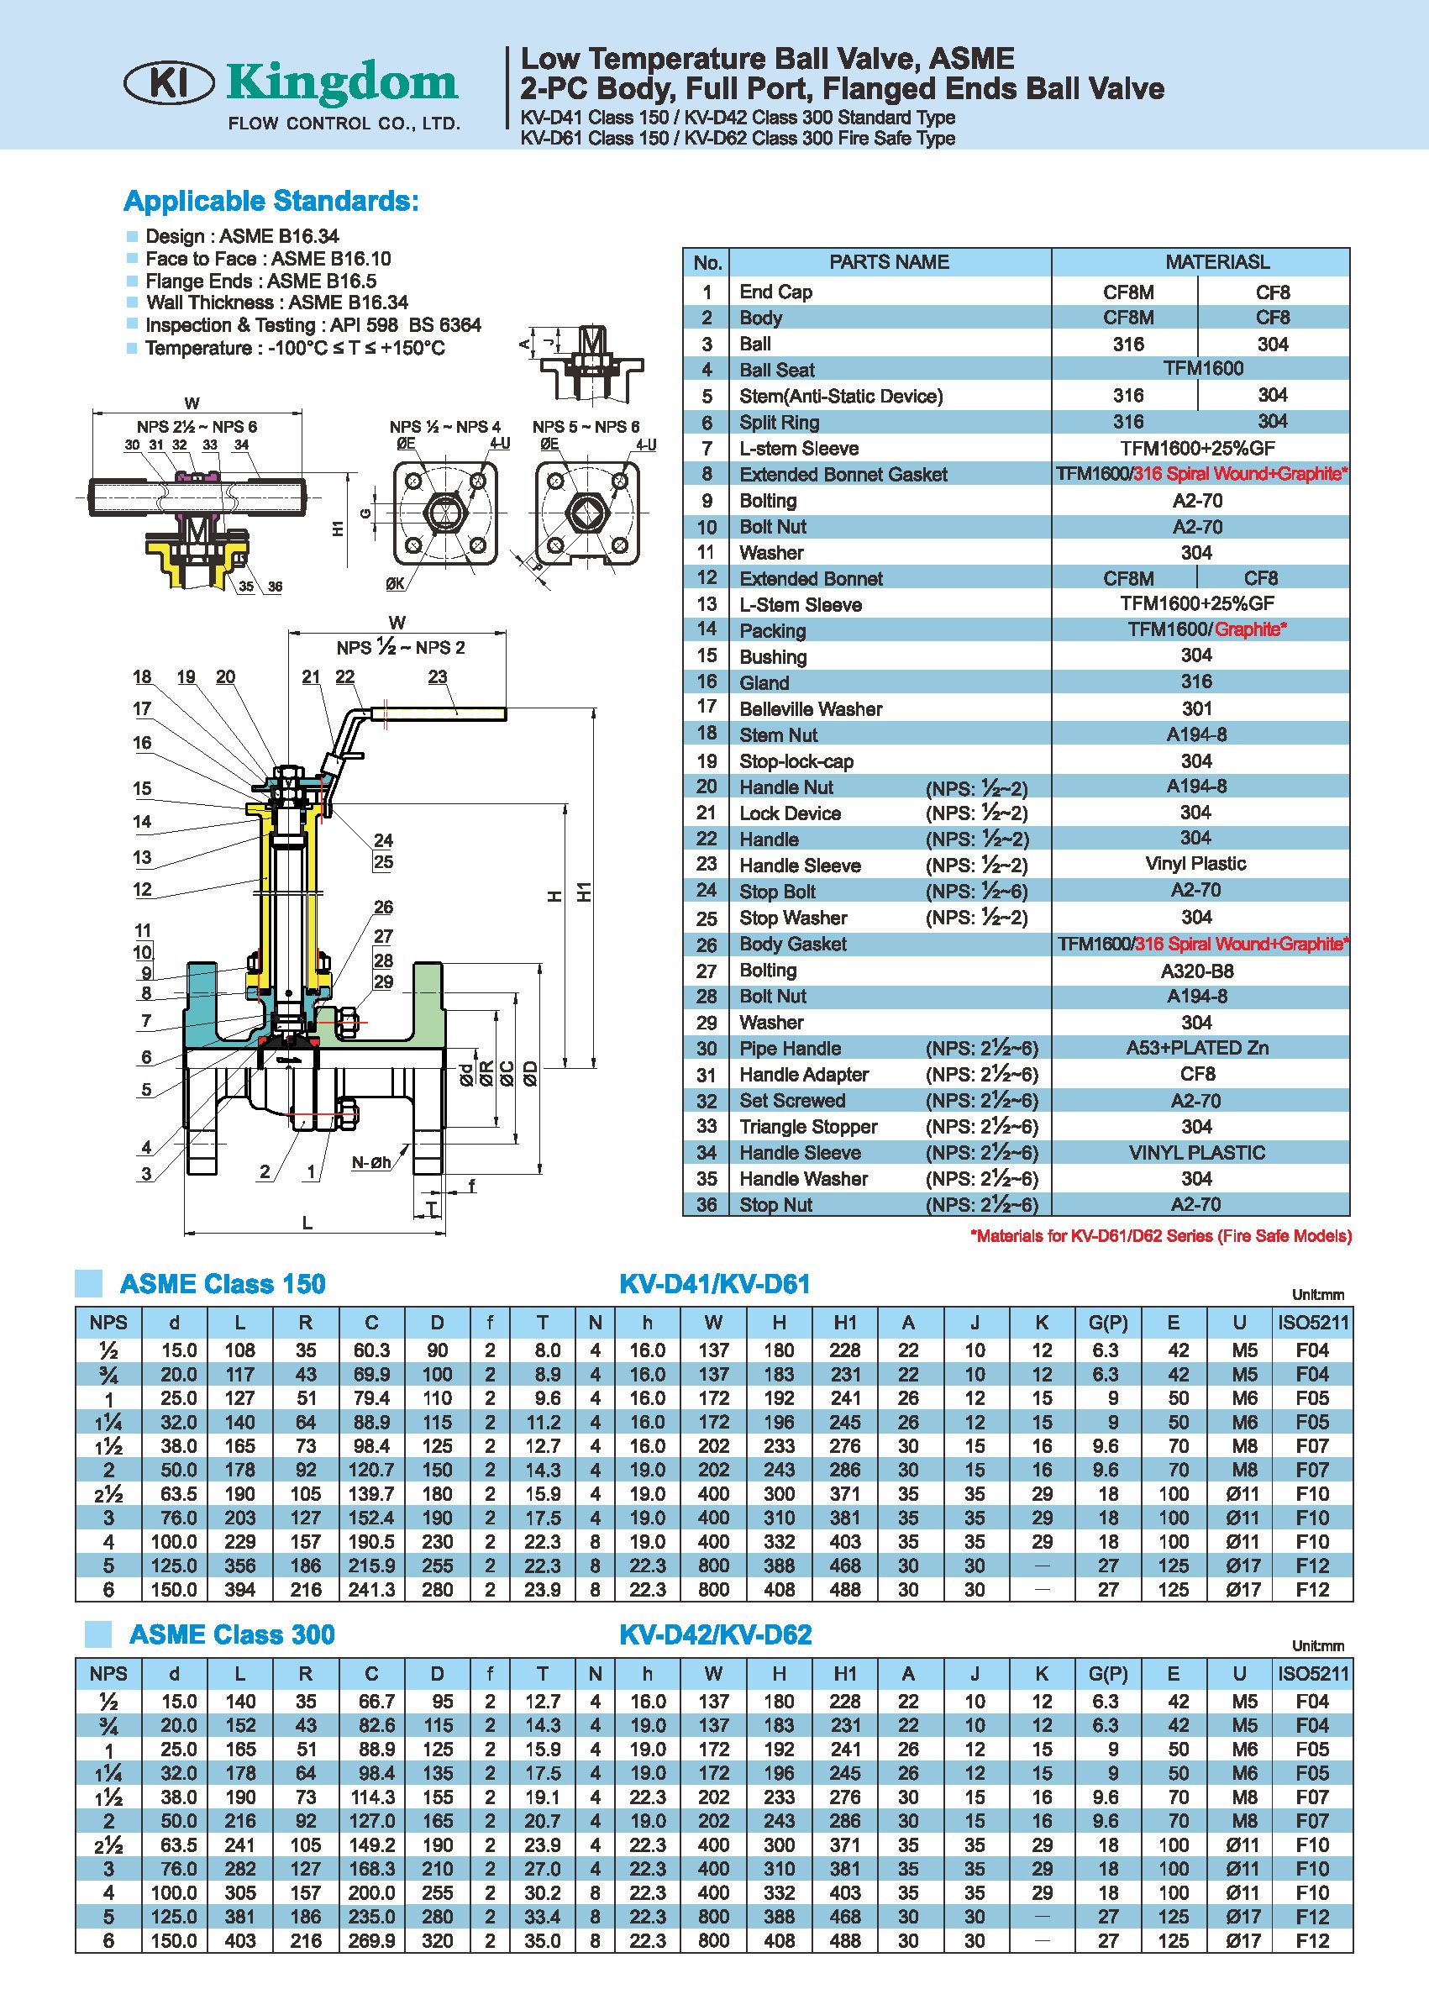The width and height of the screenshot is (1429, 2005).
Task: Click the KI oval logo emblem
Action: click(169, 85)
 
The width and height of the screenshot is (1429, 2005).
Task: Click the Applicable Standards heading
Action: click(271, 201)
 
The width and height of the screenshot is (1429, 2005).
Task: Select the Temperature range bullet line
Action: click(286, 348)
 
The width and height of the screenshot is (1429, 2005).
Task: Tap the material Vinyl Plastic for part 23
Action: click(1195, 864)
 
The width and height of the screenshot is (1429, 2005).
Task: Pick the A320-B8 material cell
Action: click(1196, 971)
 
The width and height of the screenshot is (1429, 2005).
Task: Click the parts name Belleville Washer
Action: click(811, 708)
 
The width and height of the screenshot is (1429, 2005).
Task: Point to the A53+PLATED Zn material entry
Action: click(1196, 1047)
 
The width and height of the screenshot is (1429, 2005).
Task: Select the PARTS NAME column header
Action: click(889, 262)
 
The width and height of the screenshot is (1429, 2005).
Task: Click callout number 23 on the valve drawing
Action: click(438, 676)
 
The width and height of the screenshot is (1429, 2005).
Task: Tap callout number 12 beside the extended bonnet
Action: click(143, 889)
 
